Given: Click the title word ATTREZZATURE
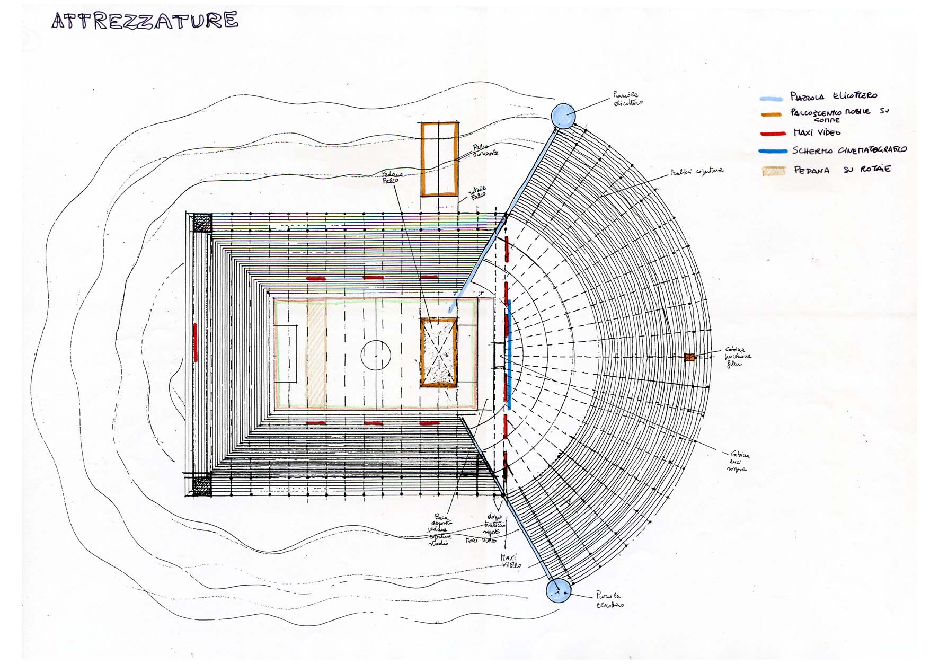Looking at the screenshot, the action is click(145, 21).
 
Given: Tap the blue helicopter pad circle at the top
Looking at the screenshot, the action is click(563, 116).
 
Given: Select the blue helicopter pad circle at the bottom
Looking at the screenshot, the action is click(558, 590).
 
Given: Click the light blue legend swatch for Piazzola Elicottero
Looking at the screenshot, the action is click(771, 99).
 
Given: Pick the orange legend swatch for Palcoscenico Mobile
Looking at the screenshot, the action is click(771, 114).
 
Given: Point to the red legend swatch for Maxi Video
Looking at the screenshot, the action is click(773, 134).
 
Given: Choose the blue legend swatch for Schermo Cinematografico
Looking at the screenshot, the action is click(773, 151).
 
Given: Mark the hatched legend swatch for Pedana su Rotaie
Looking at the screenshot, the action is click(773, 171).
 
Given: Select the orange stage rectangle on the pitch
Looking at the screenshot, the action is click(439, 353).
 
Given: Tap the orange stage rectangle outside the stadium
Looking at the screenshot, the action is click(439, 159).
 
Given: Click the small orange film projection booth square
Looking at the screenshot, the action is click(689, 357).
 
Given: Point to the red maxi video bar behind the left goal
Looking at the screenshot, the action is click(196, 342).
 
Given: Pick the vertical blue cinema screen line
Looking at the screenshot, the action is click(509, 354).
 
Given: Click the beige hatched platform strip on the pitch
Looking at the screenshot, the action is click(316, 353).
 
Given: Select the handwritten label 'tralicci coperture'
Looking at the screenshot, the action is click(697, 172).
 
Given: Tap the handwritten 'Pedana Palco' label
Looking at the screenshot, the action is click(393, 177).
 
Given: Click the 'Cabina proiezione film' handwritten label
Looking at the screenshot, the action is click(737, 357).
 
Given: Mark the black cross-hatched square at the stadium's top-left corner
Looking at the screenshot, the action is click(202, 223).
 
